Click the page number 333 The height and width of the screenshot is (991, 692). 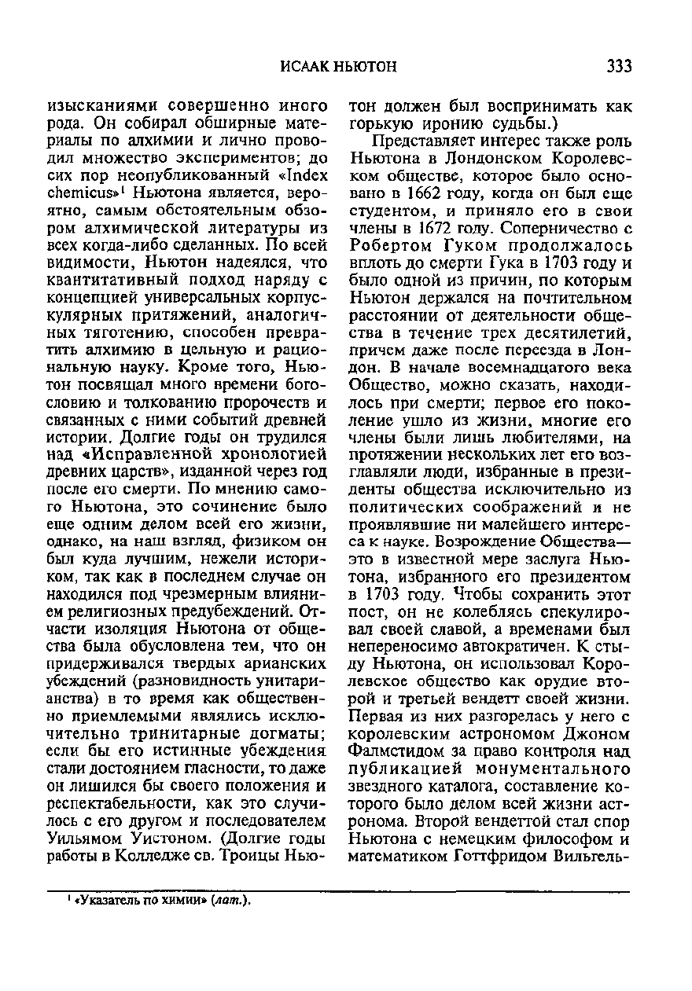click(618, 67)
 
